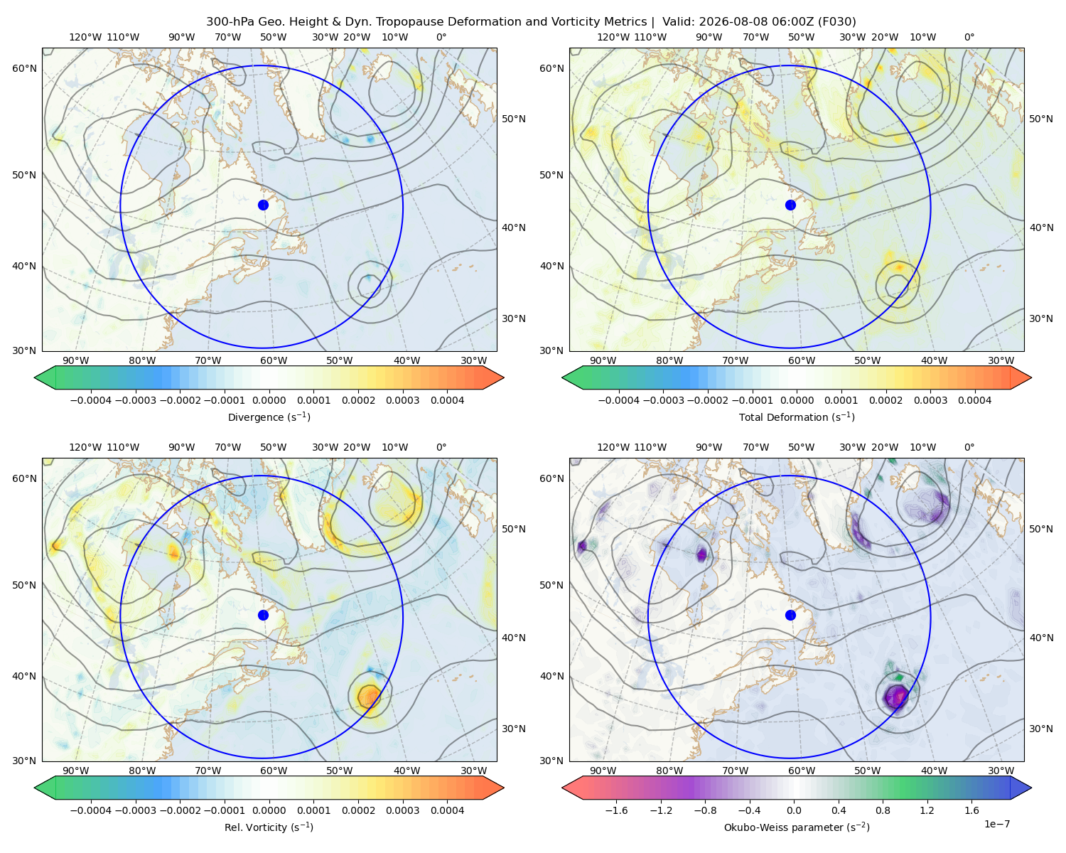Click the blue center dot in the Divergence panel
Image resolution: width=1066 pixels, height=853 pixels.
[263, 205]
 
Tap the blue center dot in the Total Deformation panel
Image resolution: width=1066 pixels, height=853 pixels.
[790, 205]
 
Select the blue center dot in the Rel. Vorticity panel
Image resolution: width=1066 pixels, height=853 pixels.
[263, 615]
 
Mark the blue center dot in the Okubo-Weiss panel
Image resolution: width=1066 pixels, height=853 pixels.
[790, 615]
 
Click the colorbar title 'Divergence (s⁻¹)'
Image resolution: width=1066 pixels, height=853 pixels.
[269, 417]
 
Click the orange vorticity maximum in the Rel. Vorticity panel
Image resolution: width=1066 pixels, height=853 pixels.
[369, 697]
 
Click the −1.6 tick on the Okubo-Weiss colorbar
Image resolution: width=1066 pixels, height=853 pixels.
[616, 810]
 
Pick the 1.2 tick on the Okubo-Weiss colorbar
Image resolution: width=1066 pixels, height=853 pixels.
[927, 810]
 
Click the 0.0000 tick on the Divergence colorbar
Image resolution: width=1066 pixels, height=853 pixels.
[269, 400]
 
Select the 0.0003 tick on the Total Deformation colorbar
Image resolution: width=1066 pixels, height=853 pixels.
[930, 400]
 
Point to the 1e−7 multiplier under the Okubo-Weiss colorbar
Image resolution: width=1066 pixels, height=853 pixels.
[996, 824]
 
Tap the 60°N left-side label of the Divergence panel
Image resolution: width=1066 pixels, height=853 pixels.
[24, 68]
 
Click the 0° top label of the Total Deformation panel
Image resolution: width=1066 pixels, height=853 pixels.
[969, 37]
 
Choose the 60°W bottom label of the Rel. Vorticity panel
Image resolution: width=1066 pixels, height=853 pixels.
[274, 771]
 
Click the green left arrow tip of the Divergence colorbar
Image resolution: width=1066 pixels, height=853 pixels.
[35, 377]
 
